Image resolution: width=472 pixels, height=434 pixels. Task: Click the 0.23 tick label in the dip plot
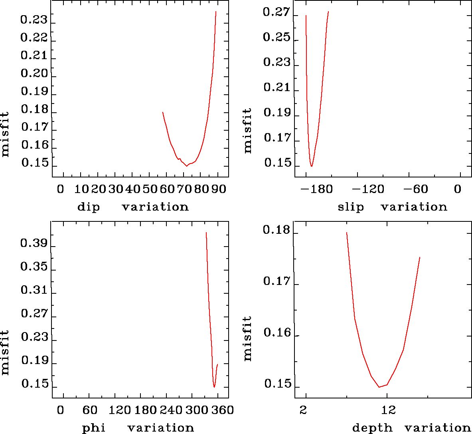34,20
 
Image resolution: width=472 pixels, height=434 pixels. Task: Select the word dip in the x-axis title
88,207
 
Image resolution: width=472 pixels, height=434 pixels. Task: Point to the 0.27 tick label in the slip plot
276,12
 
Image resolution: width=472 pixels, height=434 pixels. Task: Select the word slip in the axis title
351,207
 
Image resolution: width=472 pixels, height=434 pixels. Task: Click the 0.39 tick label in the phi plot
34,243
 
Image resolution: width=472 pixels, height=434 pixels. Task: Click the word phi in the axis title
94,428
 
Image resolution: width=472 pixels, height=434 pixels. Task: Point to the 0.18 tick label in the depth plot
276,231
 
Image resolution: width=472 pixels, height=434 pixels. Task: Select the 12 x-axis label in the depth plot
389,410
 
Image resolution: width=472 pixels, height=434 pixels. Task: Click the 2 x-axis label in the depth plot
304,410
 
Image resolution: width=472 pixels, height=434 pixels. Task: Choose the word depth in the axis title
372,428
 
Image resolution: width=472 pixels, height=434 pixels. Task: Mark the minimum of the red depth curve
379,387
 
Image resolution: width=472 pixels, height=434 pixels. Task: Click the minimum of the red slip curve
312,166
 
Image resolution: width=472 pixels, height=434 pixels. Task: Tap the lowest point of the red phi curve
214,387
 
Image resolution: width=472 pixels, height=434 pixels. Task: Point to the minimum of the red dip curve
187,166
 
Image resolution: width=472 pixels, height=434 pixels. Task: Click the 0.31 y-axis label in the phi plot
34,290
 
